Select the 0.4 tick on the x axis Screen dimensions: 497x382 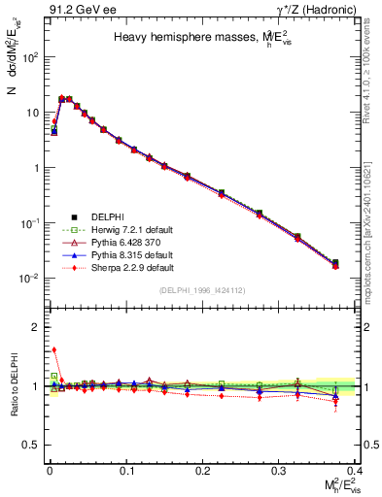[x=357, y=470]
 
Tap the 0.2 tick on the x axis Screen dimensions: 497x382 [x=203, y=470]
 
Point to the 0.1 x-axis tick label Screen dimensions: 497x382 [x=126, y=470]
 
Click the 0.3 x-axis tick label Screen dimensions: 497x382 [x=280, y=470]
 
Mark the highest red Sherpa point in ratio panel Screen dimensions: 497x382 [x=54, y=350]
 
